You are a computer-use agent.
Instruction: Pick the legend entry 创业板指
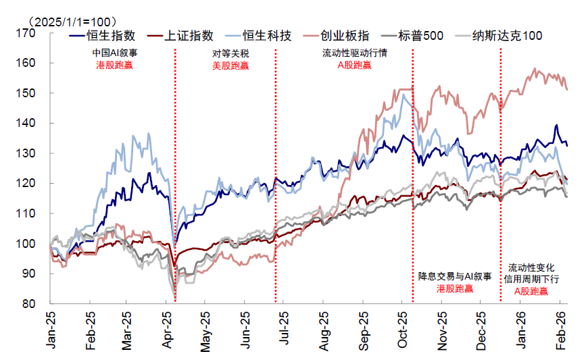point(346,36)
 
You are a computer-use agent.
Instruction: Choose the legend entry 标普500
point(420,36)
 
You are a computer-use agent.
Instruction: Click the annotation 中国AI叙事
point(114,53)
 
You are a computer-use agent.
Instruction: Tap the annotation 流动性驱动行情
point(354,53)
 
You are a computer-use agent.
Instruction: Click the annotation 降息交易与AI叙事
point(454,276)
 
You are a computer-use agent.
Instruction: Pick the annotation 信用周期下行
point(531,279)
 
